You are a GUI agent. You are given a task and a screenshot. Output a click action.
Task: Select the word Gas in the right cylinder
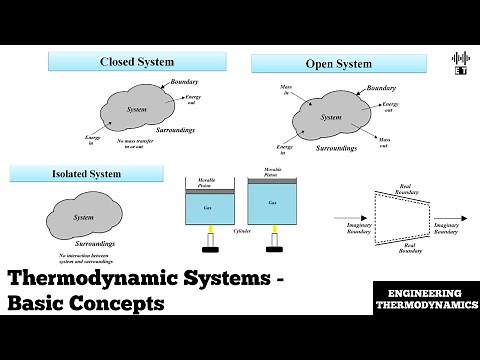(272, 203)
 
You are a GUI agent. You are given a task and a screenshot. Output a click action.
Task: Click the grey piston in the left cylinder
(208, 189)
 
